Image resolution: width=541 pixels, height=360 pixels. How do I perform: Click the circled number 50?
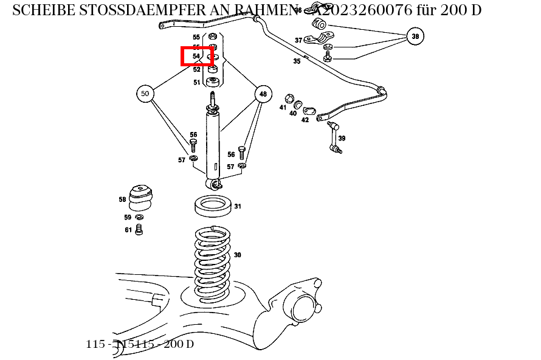145,94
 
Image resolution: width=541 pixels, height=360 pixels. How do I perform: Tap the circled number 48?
263,94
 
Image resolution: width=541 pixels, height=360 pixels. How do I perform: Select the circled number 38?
415,36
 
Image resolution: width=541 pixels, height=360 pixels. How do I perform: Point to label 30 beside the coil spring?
237,255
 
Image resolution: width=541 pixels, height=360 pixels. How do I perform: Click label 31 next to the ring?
238,206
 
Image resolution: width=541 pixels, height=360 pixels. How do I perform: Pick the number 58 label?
122,199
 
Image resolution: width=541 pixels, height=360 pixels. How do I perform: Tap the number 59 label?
128,217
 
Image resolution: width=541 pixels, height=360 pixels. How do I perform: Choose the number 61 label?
128,230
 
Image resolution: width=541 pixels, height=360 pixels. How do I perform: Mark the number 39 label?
342,138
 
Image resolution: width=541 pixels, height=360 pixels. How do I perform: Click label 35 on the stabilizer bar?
297,61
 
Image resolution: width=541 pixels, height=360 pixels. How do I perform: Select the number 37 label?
298,40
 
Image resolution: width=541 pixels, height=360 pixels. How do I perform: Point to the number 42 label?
305,120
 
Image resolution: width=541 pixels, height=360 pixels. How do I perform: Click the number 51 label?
197,82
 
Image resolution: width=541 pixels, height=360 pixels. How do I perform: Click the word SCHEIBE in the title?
43,10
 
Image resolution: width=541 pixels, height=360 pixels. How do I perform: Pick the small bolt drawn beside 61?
139,230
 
